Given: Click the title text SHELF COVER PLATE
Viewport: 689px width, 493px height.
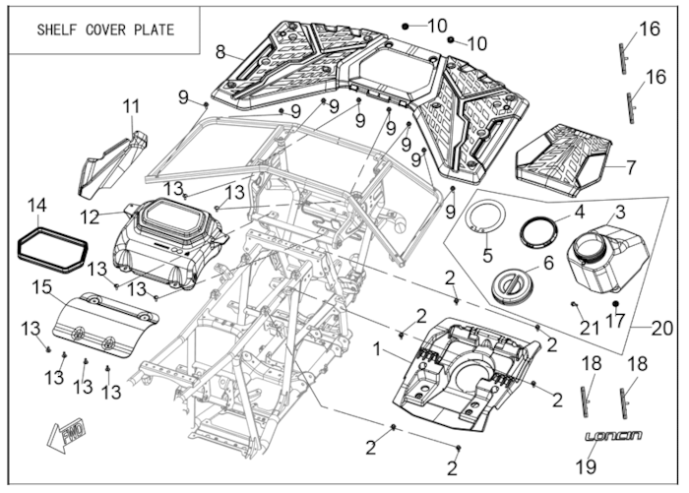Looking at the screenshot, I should [105, 30].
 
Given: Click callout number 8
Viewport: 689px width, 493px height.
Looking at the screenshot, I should [219, 51].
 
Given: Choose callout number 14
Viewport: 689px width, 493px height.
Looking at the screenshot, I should [36, 206].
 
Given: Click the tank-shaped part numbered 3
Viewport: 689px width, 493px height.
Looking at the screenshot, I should [607, 254].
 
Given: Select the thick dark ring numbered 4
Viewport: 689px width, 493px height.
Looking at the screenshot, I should [538, 232].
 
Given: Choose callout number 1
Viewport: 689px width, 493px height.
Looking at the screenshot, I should [377, 349].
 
